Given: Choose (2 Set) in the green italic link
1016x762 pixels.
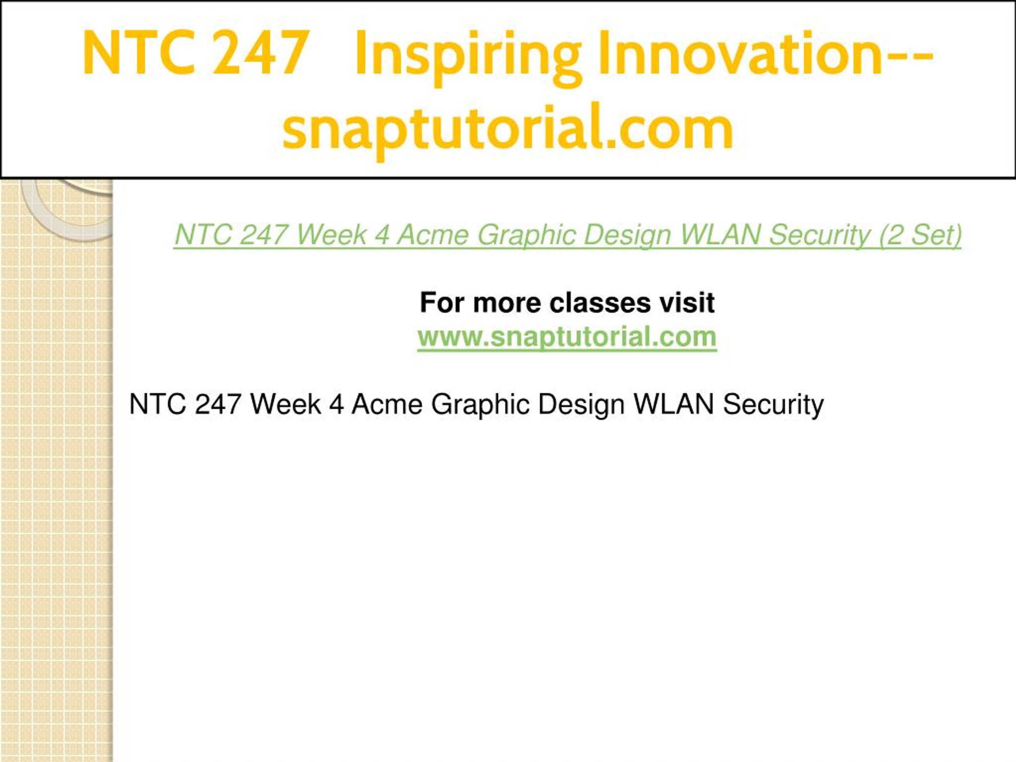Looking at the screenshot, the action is click(x=920, y=235).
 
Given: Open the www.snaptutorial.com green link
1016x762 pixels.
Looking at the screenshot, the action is click(x=567, y=337).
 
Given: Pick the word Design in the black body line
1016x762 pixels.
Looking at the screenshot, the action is click(x=581, y=405).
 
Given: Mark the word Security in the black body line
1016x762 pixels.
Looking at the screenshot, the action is click(x=773, y=405).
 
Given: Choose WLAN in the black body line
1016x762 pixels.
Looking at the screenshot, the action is click(x=673, y=405).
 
